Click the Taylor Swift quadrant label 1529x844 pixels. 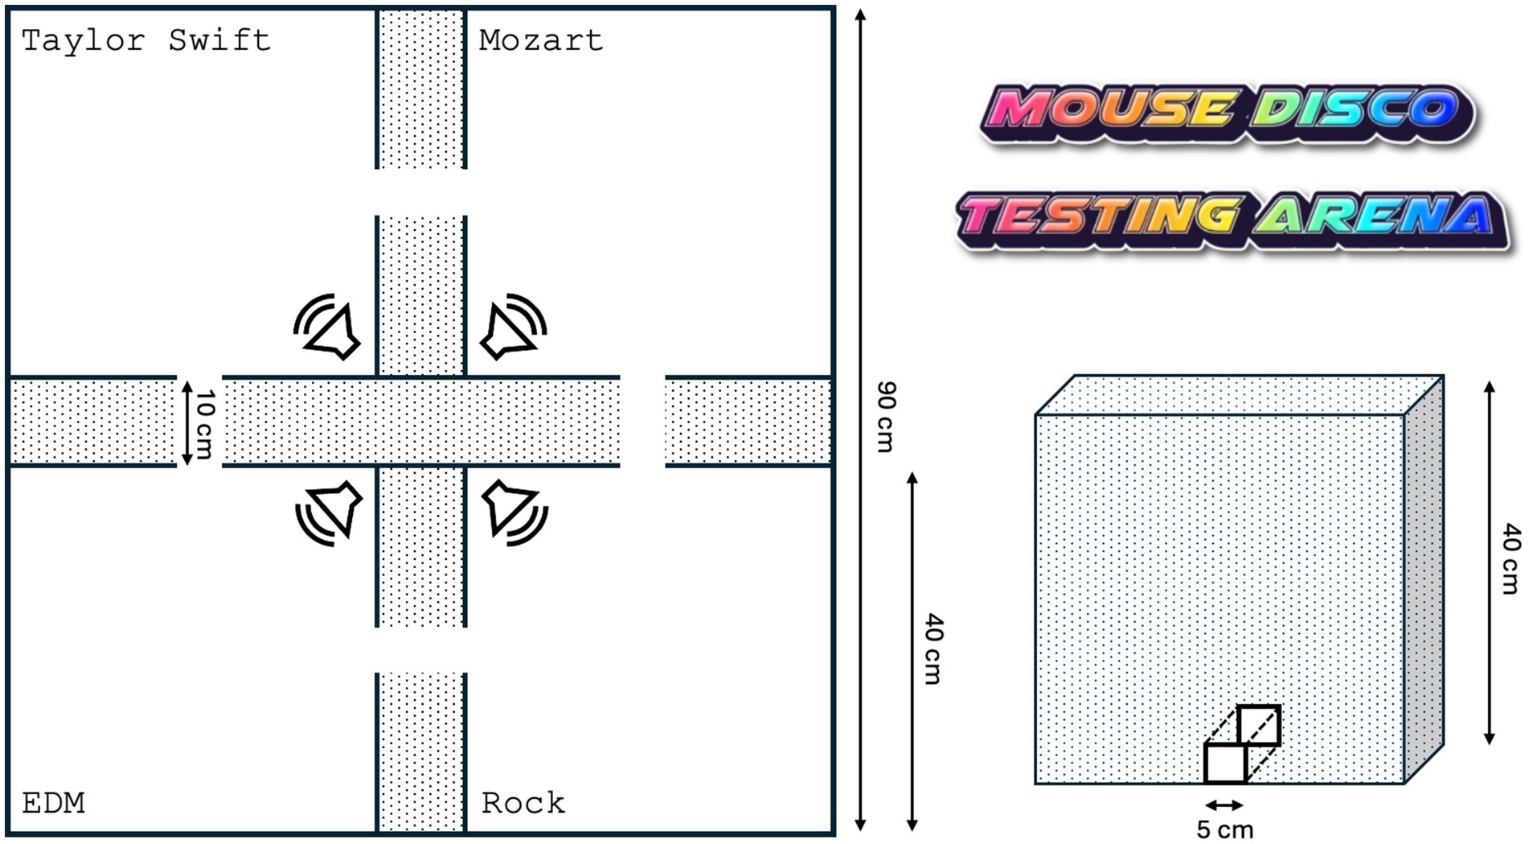point(146,40)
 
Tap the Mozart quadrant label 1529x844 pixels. point(540,40)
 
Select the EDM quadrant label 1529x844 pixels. point(53,803)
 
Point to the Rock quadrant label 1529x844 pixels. point(523,803)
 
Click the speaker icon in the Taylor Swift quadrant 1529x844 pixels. point(329,327)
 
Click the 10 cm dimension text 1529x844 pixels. point(205,423)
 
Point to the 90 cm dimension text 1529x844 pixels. point(885,417)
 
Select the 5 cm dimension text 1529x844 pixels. point(1224,830)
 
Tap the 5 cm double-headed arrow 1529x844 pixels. point(1224,805)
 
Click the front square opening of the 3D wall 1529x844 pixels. point(1225,763)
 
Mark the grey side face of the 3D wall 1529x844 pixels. point(1424,579)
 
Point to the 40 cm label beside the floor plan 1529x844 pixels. point(933,648)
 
